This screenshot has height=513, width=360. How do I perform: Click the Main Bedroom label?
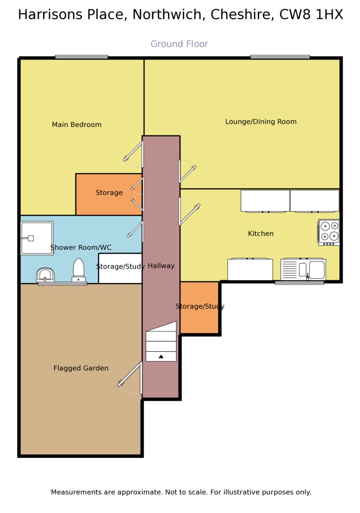click(77, 125)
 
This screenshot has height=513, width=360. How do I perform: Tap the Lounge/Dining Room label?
click(261, 121)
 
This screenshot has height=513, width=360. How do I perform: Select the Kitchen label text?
click(260, 234)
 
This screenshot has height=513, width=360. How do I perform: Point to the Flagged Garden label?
click(81, 368)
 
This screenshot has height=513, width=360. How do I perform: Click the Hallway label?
click(161, 266)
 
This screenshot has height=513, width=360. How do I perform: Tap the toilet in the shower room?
click(79, 270)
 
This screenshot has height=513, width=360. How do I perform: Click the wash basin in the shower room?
click(45, 275)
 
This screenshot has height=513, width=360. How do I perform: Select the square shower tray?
click(37, 238)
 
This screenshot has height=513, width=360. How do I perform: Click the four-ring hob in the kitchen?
click(329, 232)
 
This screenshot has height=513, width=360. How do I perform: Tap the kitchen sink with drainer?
click(303, 269)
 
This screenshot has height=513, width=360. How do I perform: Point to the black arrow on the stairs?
click(161, 356)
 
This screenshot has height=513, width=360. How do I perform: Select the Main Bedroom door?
click(133, 154)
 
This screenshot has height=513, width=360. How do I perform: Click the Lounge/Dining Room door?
click(187, 171)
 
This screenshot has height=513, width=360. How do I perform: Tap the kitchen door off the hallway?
click(189, 211)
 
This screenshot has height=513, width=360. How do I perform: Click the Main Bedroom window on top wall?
click(81, 57)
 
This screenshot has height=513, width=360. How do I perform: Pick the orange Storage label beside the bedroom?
click(109, 193)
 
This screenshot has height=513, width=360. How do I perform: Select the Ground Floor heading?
click(179, 44)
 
